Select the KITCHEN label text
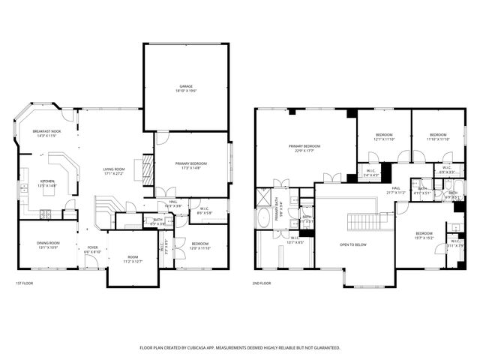(46, 181)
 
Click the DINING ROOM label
(49, 244)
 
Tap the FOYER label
(93, 248)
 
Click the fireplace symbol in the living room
(147, 172)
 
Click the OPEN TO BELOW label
(352, 244)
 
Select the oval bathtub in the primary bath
(264, 219)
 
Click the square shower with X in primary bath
(263, 196)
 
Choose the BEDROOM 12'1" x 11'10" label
(384, 137)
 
